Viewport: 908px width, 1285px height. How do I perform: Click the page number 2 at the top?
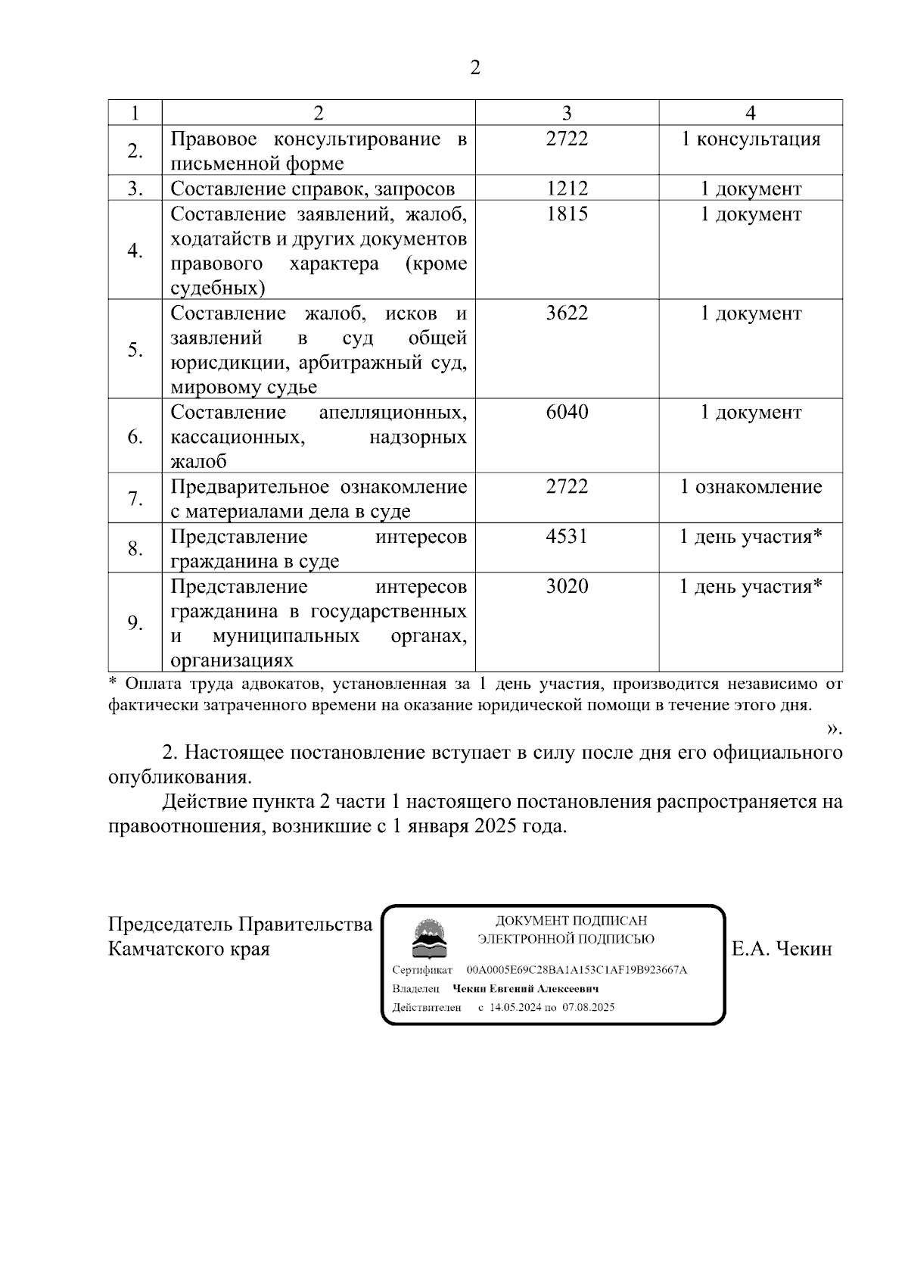point(474,68)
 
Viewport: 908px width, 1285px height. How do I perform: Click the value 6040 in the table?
point(567,413)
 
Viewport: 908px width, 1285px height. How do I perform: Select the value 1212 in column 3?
point(567,189)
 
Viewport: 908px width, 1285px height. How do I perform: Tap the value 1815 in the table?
point(567,214)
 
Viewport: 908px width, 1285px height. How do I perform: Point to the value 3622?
point(567,313)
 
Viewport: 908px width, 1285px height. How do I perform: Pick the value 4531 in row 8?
point(567,537)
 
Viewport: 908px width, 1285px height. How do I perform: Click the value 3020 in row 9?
point(567,587)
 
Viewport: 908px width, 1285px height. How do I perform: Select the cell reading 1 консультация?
point(751,139)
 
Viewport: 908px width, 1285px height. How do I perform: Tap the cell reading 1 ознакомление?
point(751,487)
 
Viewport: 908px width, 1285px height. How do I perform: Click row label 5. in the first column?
point(135,350)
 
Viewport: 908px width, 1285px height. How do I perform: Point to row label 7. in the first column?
point(135,499)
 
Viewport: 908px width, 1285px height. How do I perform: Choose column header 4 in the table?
point(751,113)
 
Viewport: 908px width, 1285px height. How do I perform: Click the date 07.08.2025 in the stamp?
point(589,1007)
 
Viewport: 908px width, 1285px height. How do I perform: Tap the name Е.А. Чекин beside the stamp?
point(782,949)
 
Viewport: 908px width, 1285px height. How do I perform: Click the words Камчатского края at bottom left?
point(189,949)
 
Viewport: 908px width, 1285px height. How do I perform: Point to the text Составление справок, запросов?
point(313,189)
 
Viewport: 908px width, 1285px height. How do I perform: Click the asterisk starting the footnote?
point(113,683)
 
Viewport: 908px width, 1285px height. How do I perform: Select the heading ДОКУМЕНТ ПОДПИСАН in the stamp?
point(571,921)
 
